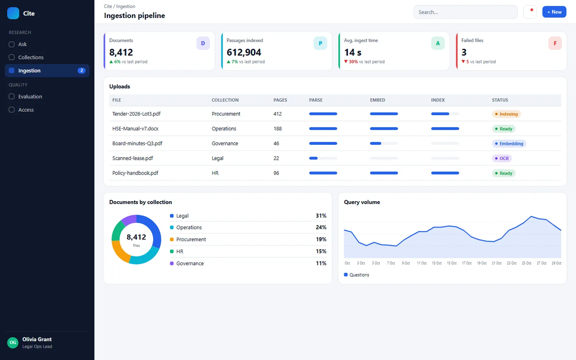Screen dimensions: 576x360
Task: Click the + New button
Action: point(554,12)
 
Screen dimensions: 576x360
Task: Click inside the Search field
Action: point(465,12)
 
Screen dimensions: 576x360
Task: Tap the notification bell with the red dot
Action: point(530,12)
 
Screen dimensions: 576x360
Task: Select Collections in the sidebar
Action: point(31,57)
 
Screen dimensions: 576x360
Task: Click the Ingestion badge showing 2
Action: point(81,71)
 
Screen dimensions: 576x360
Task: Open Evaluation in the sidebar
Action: point(30,96)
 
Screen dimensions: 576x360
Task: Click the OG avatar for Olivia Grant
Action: point(13,342)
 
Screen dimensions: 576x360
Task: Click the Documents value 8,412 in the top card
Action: point(121,52)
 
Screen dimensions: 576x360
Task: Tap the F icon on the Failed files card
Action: point(555,43)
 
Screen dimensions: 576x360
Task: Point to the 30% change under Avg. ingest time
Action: point(353,62)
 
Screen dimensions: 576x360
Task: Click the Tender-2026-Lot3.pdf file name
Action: point(136,114)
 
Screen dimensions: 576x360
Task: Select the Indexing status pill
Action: point(506,114)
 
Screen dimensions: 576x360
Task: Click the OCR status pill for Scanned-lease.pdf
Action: point(502,158)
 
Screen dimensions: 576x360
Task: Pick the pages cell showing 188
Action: point(278,129)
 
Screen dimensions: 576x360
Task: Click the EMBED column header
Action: point(378,100)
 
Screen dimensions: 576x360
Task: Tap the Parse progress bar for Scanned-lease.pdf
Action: point(323,158)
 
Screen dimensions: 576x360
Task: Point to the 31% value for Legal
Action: point(321,216)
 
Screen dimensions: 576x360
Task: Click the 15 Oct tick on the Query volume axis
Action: point(451,263)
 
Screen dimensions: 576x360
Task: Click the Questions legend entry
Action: point(356,275)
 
